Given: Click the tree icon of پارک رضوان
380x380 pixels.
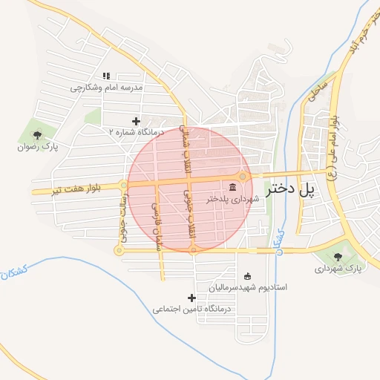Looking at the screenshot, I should pos(37,134).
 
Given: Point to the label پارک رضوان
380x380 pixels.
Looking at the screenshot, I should pos(37,147).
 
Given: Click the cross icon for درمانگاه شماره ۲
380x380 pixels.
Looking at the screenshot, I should pos(135,120).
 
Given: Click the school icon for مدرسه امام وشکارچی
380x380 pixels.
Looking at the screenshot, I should pos(106,76).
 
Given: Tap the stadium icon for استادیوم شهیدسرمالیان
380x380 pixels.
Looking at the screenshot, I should pos(247,275).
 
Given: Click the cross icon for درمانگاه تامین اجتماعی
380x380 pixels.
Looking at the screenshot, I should pos(192,297).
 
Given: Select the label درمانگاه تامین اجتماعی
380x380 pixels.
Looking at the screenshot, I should pos(192,308).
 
